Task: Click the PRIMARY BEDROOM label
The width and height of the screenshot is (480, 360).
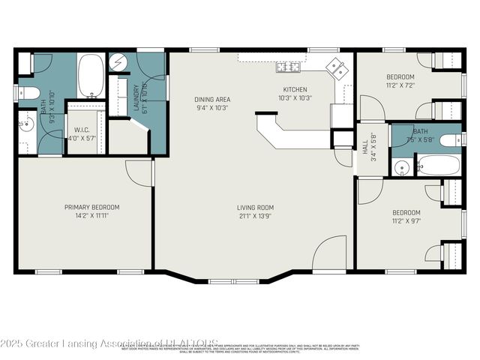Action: [x=91, y=207]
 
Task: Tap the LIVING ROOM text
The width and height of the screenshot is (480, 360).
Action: [x=255, y=208]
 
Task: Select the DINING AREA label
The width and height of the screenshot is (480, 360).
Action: [x=212, y=99]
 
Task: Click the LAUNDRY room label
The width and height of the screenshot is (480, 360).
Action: [x=136, y=97]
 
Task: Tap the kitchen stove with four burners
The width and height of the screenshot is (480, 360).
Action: [x=288, y=68]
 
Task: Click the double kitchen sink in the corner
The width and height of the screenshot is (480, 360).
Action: [x=336, y=68]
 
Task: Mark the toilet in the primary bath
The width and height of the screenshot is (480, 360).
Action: [x=27, y=94]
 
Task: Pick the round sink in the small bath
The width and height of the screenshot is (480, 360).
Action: [x=401, y=167]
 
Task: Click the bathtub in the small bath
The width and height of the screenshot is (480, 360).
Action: [x=437, y=164]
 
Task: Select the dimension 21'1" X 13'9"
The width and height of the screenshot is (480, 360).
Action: [x=255, y=216]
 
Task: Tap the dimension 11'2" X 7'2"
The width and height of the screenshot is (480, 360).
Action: [x=400, y=85]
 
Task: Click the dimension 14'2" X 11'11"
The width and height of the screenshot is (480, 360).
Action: [x=91, y=215]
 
